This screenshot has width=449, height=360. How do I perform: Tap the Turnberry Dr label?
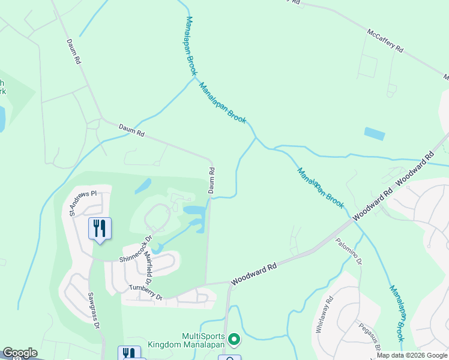tap(146, 292)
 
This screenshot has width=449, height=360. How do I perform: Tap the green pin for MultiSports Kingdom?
tap(234, 340)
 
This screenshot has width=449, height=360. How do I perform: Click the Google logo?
tap(20, 353)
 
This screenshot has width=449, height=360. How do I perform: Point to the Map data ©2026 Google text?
tap(411, 355)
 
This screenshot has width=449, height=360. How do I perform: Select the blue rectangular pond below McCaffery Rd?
tap(375, 134)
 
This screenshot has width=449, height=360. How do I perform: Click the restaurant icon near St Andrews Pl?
tap(100, 228)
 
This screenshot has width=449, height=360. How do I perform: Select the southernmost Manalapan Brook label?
tap(397, 312)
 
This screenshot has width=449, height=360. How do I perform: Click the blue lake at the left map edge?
tap(2, 119)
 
